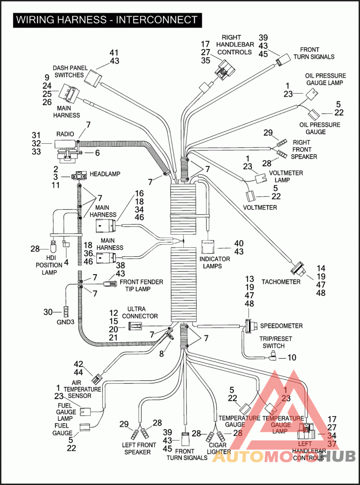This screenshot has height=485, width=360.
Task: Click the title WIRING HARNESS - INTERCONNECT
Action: [x=107, y=20]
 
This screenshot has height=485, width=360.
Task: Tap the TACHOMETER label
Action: [x=281, y=282]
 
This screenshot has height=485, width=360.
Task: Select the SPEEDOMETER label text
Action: [x=281, y=326]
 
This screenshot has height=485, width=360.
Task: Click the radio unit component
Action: [x=66, y=145]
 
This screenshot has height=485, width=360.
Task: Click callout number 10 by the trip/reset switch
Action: [x=292, y=358]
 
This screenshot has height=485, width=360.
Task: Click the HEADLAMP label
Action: [x=105, y=174]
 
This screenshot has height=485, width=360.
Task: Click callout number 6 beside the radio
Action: [x=96, y=153]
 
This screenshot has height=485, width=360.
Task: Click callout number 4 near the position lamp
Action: [x=67, y=262]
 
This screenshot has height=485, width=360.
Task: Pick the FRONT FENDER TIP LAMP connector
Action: [x=108, y=284]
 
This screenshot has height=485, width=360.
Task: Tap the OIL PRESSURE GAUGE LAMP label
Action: [x=325, y=79]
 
